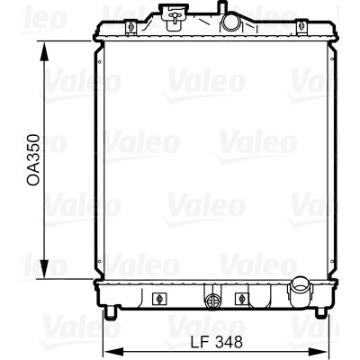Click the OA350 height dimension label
pyautogui.click(x=33, y=159)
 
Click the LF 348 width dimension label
pyautogui.click(x=217, y=342)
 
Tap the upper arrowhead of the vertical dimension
pyautogui.click(x=44, y=51)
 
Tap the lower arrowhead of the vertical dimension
pyautogui.click(x=44, y=269)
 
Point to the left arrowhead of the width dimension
pyautogui.click(x=113, y=351)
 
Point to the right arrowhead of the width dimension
pyautogui.click(x=319, y=351)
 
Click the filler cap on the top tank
pyautogui.click(x=173, y=15)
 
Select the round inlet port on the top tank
pyautogui.click(x=229, y=22)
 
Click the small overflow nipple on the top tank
pyautogui.click(x=221, y=6)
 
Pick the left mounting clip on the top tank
pyautogui.click(x=130, y=27)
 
